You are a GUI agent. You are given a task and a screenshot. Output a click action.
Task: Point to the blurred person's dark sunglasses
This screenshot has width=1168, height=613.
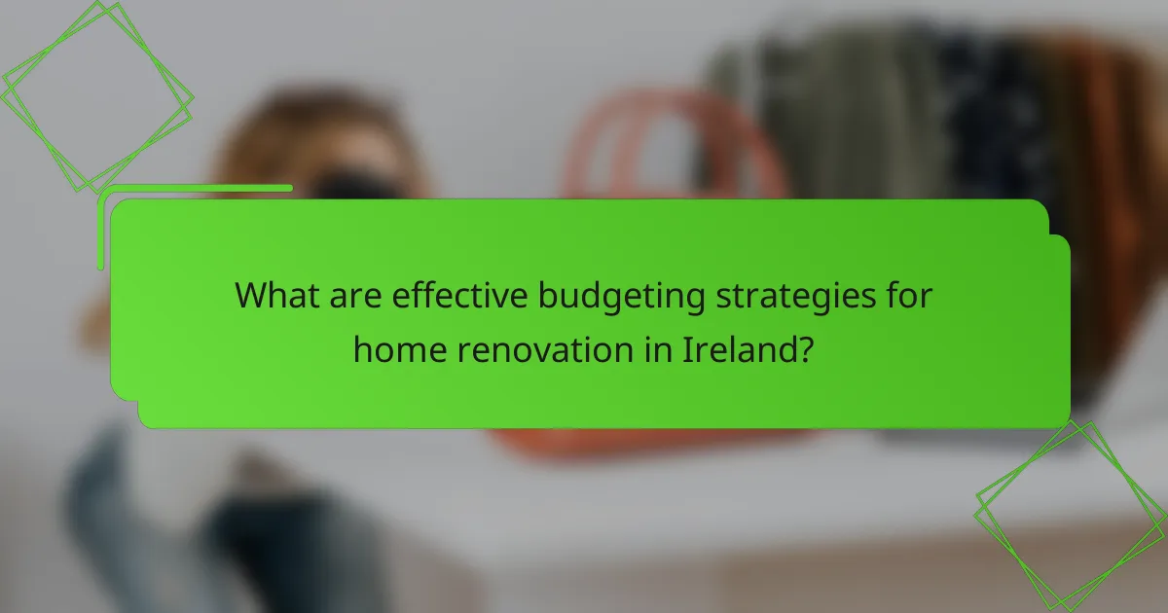click(x=355, y=184)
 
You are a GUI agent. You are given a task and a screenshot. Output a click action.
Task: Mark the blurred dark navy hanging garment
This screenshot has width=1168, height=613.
click(x=983, y=107)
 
